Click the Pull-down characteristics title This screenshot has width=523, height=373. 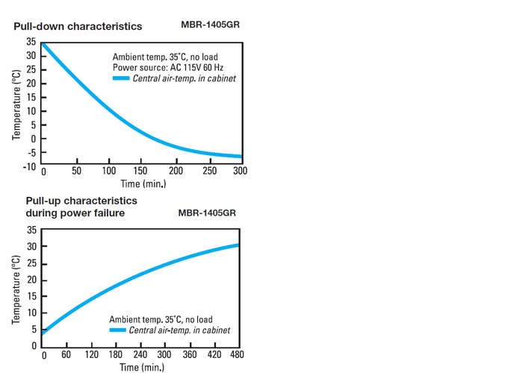click(78, 26)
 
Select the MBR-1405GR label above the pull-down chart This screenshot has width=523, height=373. click(210, 24)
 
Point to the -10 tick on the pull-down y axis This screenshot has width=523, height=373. click(30, 166)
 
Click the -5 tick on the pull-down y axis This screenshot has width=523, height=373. click(31, 153)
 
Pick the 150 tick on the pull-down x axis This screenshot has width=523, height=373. click(142, 172)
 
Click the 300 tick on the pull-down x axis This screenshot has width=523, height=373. click(240, 172)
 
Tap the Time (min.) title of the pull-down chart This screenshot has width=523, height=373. click(143, 184)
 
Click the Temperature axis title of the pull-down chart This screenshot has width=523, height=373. click(16, 105)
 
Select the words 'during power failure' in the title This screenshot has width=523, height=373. click(75, 213)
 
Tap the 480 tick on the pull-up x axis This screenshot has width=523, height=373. click(236, 354)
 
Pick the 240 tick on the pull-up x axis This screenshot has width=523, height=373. click(140, 354)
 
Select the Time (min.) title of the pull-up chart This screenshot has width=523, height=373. click(142, 366)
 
